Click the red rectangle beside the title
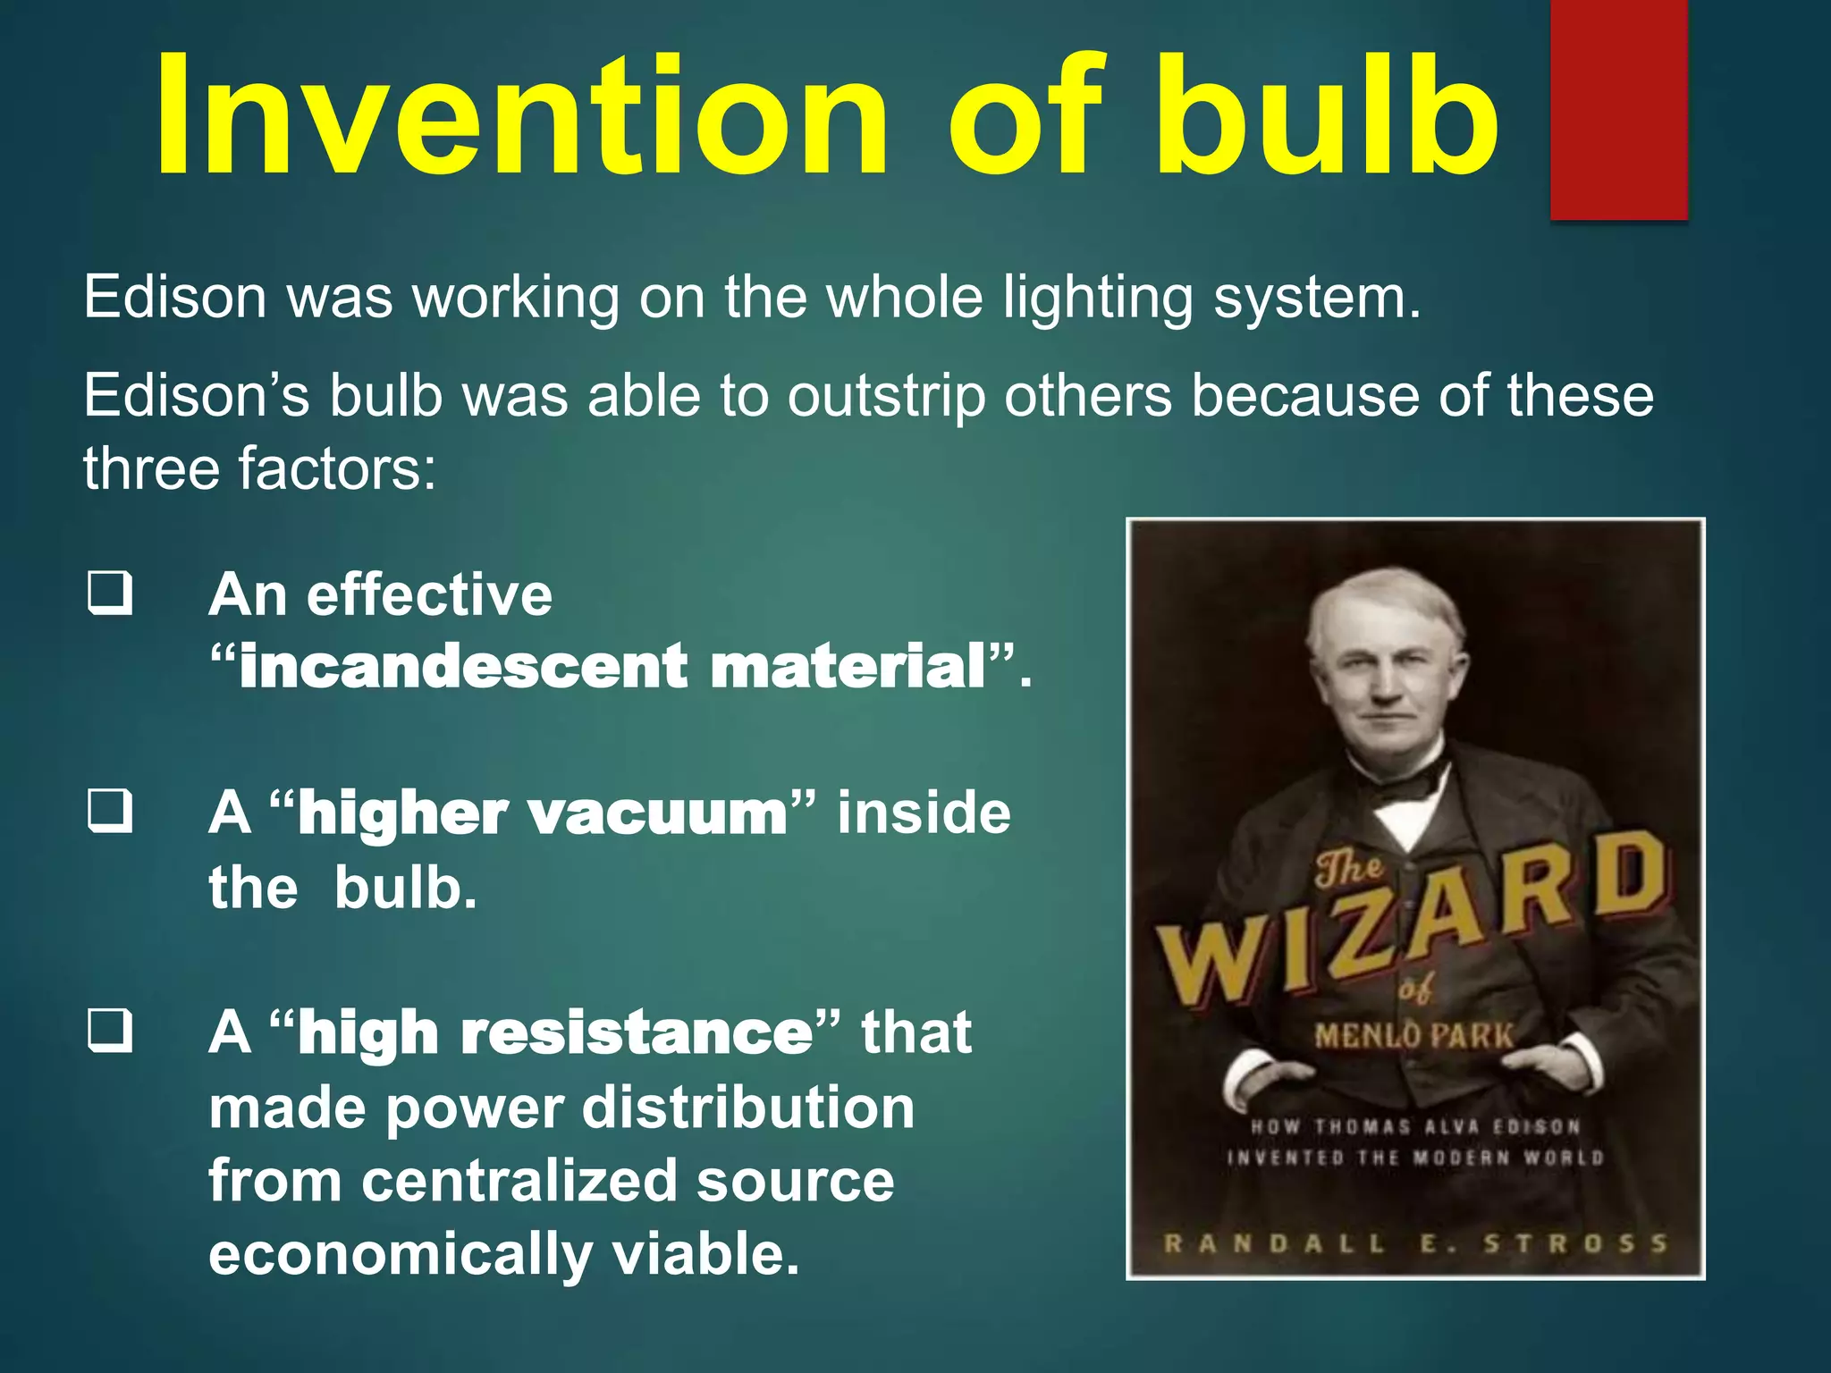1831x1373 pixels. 1618,109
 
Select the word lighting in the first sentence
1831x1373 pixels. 1098,298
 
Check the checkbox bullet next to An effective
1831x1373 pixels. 111,594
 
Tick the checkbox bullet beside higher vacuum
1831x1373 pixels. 111,811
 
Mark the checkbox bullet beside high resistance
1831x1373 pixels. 111,1031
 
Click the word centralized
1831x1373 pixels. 519,1181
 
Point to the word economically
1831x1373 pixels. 401,1254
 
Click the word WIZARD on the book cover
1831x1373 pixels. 1413,921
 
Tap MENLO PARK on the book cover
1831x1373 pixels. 1413,1037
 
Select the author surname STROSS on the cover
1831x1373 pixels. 1575,1243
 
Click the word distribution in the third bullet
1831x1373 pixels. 748,1108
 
